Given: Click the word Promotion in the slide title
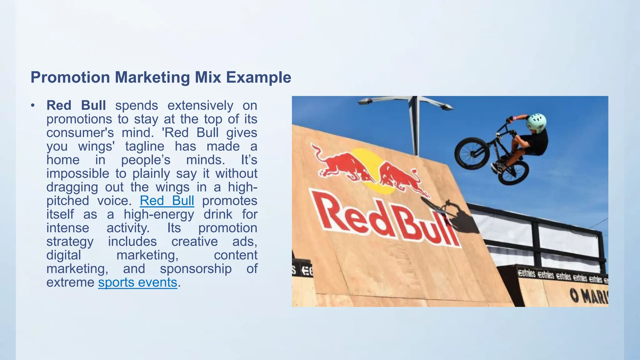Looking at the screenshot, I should coord(70,77).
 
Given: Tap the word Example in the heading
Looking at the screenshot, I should coord(258,77).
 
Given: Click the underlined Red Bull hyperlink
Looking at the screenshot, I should coord(167,201).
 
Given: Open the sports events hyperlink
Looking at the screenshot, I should coord(137,282).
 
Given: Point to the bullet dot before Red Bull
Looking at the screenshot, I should coord(33,105).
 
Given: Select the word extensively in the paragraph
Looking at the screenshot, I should coord(200,106).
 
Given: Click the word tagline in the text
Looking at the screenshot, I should coord(145,146).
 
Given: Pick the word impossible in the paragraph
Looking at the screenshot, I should coord(77,173).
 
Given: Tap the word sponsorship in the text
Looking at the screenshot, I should coord(196,269).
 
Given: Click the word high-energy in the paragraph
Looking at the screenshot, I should coord(159,214).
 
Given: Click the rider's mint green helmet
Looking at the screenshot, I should coord(536,121).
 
